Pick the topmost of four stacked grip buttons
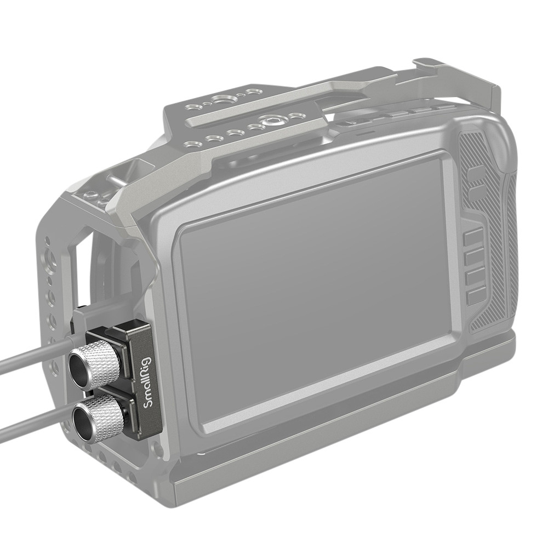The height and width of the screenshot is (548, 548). click(473, 236)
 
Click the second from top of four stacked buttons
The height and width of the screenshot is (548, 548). click(475, 256)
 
